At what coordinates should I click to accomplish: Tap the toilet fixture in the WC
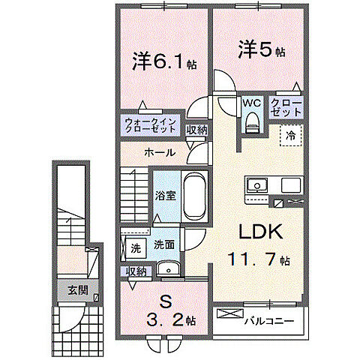(x=251, y=121)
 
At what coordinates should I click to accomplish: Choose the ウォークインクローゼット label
(x=151, y=124)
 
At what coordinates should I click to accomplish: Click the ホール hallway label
(x=160, y=152)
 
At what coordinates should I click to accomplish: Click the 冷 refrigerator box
(x=289, y=136)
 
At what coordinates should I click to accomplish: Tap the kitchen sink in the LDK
(x=256, y=184)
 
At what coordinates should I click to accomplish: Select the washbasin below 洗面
(x=166, y=270)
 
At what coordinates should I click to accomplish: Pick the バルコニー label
(x=268, y=321)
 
